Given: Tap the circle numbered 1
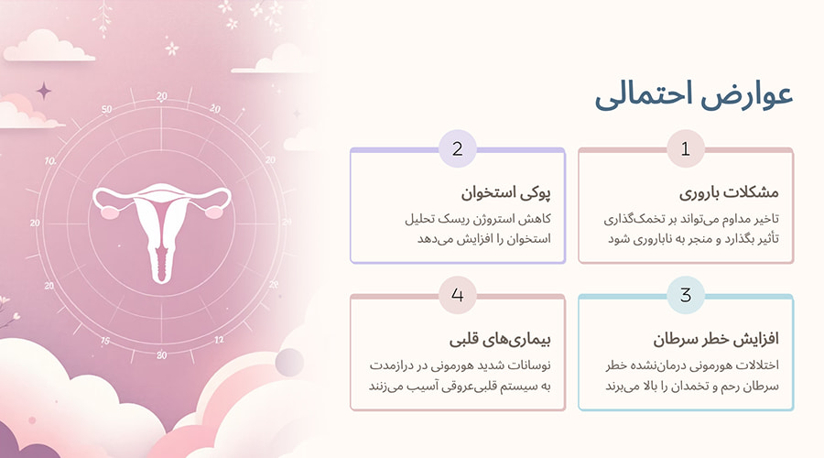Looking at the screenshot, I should point(685,149).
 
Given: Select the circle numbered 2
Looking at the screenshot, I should point(457,149).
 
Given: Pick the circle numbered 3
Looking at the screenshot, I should point(685,295).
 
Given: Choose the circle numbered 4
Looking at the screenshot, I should point(457,295).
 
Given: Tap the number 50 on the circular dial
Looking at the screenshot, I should point(106,109).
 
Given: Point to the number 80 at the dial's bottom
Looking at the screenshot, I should point(162,354).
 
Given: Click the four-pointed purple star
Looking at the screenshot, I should point(43,90).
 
